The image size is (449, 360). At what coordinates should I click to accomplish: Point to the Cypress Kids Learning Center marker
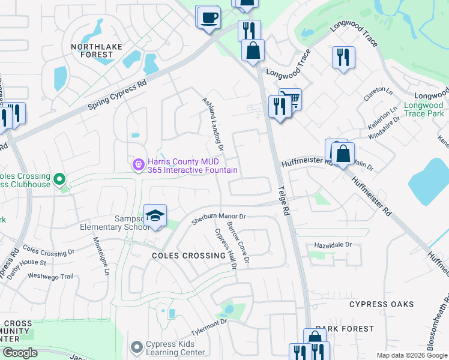tap(137, 347)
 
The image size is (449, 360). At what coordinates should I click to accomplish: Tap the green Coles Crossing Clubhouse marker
tap(59, 179)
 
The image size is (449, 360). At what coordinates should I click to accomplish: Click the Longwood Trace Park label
tap(423, 109)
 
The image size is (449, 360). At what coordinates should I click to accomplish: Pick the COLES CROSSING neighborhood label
tap(180, 256)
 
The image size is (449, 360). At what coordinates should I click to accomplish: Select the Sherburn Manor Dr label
tap(219, 218)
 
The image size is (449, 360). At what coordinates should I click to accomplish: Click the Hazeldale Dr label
tap(333, 245)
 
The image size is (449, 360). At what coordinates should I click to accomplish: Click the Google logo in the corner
tap(20, 352)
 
